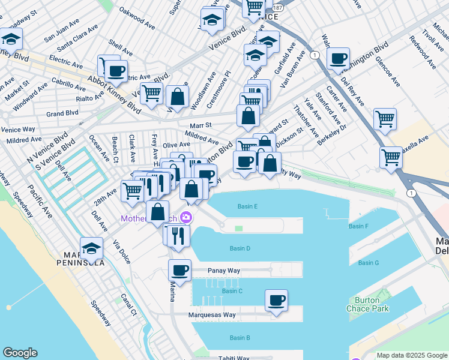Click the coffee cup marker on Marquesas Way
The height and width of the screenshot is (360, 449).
(276, 301)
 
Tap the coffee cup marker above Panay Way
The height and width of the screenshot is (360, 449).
(179, 270)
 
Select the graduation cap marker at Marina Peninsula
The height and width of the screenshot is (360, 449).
(92, 248)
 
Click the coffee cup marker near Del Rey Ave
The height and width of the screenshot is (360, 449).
(339, 59)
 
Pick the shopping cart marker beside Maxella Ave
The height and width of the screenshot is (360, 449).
(391, 158)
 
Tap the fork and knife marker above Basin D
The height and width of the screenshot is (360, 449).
(178, 236)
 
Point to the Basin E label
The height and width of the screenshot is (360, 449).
(247, 206)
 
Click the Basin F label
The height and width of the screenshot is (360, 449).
(358, 226)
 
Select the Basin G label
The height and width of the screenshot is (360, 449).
(369, 263)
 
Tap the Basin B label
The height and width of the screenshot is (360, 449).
(240, 338)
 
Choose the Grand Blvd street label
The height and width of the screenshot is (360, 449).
(62, 113)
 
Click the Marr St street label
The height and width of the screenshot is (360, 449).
(200, 125)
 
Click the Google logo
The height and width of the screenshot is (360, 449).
(20, 353)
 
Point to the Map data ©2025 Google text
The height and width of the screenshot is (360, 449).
(411, 355)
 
